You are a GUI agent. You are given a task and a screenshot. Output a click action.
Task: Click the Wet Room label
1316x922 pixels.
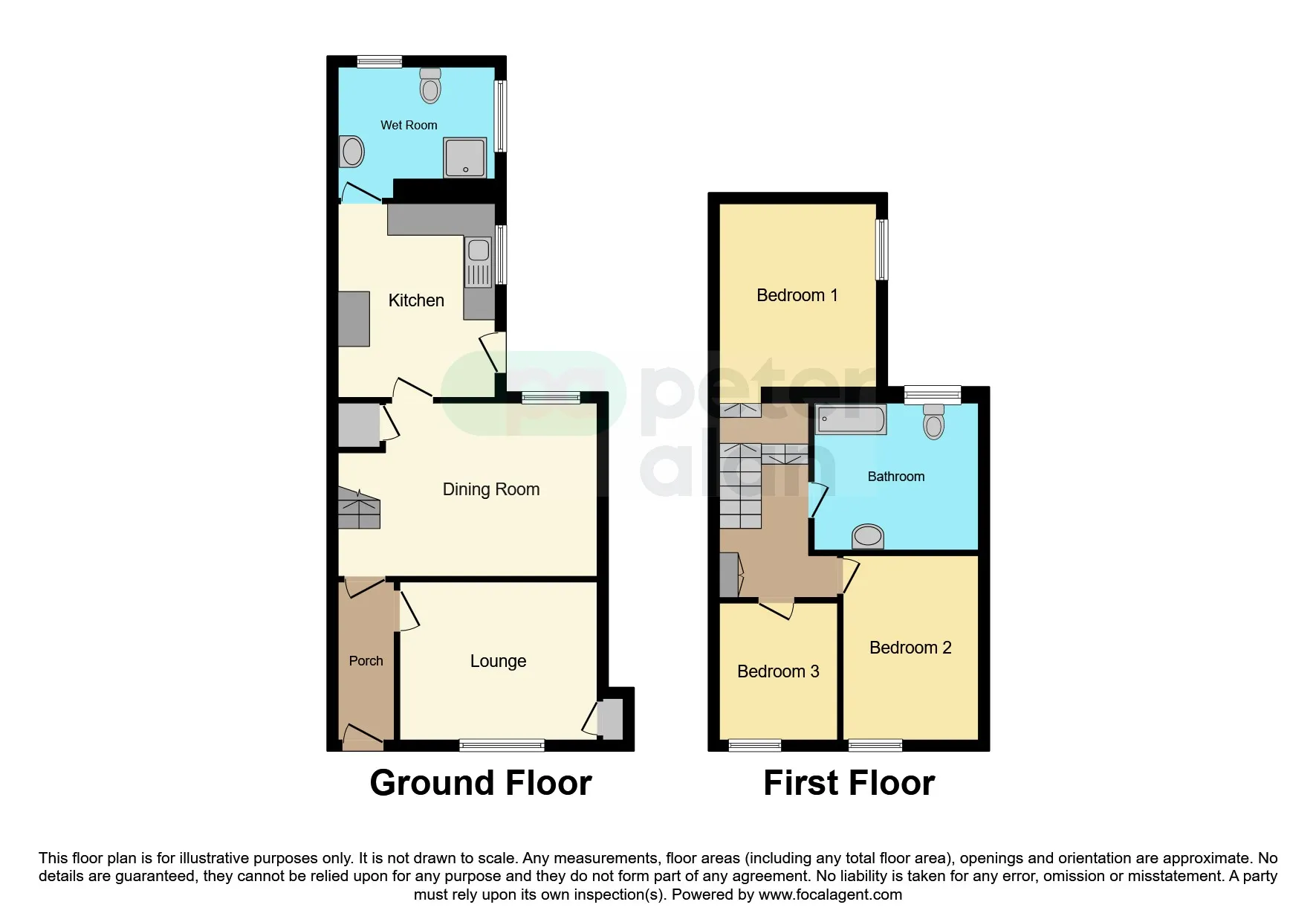click(409, 125)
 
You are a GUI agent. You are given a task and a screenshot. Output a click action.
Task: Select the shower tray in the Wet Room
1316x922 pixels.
click(465, 158)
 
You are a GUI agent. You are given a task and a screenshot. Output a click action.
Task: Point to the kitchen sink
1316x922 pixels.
click(479, 262)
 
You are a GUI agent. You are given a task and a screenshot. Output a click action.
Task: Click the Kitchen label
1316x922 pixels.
click(416, 300)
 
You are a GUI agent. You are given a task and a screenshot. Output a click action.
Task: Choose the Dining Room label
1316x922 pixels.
click(491, 489)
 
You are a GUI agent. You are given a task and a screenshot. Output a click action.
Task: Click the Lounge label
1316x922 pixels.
click(498, 661)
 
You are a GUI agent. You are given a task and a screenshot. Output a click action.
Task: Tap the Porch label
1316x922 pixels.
click(366, 661)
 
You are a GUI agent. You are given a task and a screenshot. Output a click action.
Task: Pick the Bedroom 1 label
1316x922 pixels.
click(797, 295)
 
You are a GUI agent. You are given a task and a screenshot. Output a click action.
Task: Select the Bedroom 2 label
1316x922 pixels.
click(910, 648)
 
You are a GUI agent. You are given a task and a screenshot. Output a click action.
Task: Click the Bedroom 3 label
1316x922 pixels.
click(778, 671)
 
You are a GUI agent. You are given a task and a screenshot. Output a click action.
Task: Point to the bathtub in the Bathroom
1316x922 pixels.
click(851, 419)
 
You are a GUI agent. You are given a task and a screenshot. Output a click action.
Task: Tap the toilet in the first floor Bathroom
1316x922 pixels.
click(934, 422)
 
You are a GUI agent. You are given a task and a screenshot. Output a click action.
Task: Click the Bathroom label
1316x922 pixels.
click(896, 477)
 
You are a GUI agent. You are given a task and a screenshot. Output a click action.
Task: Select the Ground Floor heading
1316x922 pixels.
click(481, 783)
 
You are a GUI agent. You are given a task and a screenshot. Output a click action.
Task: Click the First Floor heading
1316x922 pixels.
click(849, 783)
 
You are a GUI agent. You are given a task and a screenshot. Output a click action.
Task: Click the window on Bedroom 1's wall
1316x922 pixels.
click(882, 249)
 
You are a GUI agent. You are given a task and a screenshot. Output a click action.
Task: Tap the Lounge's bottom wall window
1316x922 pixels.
click(502, 745)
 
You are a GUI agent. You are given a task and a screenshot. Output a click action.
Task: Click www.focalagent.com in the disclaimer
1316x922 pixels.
click(830, 894)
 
